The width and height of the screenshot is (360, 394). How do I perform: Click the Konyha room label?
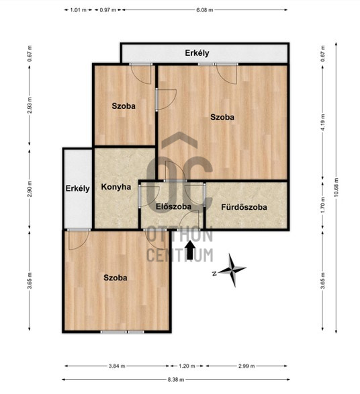click(116, 187)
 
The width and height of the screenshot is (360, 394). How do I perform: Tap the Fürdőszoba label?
click(244, 207)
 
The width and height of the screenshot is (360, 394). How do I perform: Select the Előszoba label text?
click(173, 206)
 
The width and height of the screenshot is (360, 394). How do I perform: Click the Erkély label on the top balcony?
click(197, 53)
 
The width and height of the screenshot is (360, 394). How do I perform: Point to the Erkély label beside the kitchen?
click(77, 188)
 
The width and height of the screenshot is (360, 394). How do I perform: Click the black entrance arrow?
click(191, 250)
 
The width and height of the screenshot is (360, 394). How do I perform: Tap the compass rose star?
click(232, 270)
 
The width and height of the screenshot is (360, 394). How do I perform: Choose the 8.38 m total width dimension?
click(176, 379)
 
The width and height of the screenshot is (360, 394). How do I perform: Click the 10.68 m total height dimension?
click(336, 187)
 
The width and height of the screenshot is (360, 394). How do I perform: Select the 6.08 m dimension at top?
click(205, 10)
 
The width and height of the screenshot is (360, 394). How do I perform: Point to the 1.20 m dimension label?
click(187, 366)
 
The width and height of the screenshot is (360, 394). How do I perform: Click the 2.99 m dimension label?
click(246, 366)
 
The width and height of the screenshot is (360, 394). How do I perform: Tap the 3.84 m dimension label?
click(117, 366)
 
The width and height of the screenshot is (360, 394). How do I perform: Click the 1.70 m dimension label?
click(323, 204)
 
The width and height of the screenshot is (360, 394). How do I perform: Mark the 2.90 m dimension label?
click(30, 189)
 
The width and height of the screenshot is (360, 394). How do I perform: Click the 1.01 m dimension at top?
click(78, 10)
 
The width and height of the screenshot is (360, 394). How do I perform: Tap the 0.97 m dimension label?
click(108, 10)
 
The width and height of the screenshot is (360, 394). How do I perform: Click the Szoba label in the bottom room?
click(116, 278)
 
